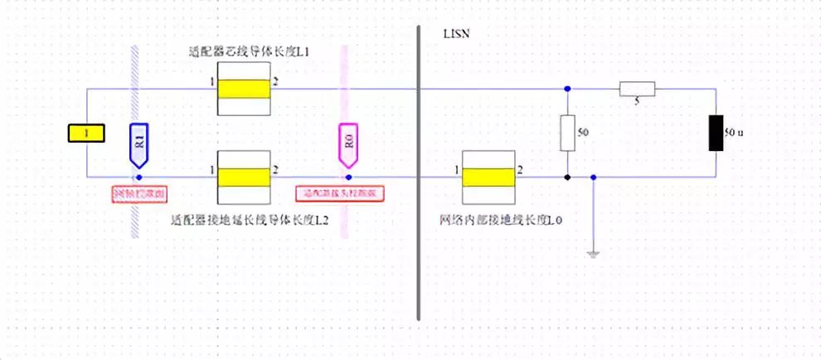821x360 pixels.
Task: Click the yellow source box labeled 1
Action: (x=86, y=133)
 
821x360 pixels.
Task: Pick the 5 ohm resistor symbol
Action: (x=637, y=89)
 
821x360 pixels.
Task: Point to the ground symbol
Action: (x=593, y=253)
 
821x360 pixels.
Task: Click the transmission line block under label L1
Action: (x=244, y=88)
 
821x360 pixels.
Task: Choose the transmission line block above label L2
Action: (x=244, y=177)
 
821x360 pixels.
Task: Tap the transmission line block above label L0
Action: (x=488, y=177)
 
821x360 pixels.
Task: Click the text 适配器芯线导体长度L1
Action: (x=237, y=52)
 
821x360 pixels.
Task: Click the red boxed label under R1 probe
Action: (x=139, y=194)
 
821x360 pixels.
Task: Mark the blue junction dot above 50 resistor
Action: (x=567, y=88)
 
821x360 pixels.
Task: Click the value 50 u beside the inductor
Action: (x=735, y=132)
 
